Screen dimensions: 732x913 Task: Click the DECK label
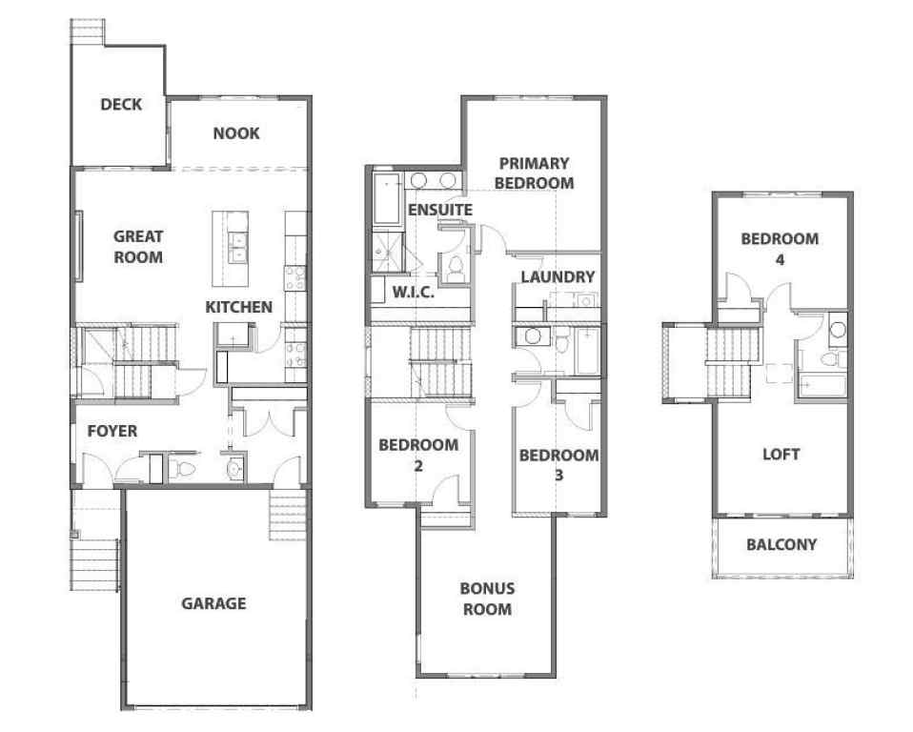(121, 105)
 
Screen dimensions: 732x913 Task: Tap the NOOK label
(236, 133)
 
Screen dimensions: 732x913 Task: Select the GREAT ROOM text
(138, 246)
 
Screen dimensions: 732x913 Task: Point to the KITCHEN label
(239, 307)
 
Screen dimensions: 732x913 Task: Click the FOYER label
(112, 431)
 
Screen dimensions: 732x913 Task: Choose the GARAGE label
(213, 603)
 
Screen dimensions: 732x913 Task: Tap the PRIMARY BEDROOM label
(535, 173)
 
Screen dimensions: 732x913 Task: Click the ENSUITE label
(439, 209)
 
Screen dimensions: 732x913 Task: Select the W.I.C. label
(414, 292)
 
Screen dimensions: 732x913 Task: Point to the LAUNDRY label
(558, 276)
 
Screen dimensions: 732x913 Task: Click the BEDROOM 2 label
(418, 455)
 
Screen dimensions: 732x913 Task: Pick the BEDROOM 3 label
(558, 463)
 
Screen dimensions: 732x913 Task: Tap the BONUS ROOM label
(488, 599)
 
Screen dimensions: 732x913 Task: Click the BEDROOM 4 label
(780, 248)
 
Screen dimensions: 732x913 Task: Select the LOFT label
(781, 455)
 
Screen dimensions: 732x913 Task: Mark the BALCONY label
(781, 545)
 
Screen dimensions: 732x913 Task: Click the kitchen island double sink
(237, 247)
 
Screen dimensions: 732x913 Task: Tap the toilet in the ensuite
(455, 267)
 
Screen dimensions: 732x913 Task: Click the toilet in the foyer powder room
(184, 469)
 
